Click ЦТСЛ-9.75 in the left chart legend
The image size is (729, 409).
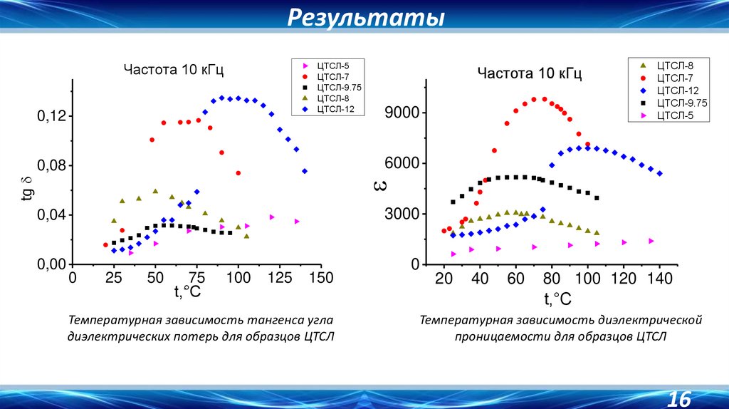click(334, 88)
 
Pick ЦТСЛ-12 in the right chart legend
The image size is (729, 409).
click(671, 90)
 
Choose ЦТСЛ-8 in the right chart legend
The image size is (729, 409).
click(668, 65)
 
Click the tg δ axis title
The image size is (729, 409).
click(26, 190)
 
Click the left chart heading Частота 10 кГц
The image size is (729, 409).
click(174, 70)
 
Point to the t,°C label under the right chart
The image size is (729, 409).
click(557, 298)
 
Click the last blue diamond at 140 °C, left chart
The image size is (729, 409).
click(305, 171)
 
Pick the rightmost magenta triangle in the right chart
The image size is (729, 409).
click(651, 241)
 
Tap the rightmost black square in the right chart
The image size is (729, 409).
click(597, 198)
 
